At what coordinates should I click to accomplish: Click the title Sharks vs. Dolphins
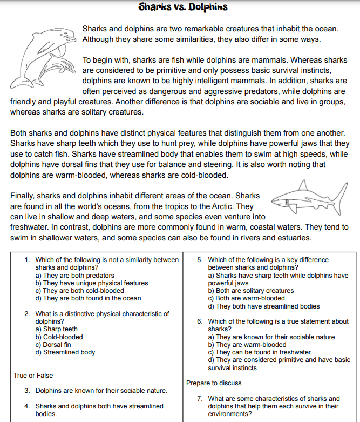click(182, 7)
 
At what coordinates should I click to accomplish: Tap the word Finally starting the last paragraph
click(23, 196)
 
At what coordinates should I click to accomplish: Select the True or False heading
click(33, 375)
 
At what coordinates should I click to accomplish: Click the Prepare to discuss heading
click(214, 383)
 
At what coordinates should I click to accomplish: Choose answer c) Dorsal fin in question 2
click(53, 345)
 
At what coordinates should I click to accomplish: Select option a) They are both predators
click(74, 276)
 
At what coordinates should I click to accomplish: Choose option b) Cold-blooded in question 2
click(59, 337)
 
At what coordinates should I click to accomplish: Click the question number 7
click(200, 399)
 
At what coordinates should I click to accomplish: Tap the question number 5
click(200, 260)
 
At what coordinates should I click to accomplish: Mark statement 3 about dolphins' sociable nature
click(101, 390)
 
